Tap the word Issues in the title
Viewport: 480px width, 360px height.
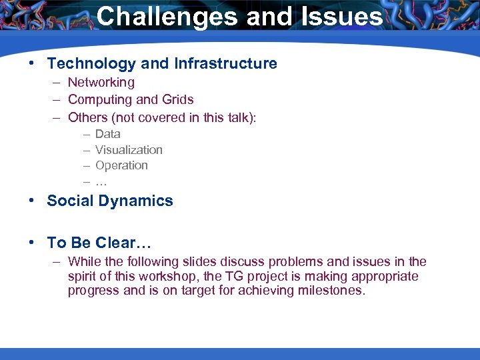340,17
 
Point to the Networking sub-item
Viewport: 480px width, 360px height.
101,83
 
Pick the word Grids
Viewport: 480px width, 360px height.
176,100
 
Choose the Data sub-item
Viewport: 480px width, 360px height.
108,134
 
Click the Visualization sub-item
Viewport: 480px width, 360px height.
129,150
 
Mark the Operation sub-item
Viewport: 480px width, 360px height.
121,165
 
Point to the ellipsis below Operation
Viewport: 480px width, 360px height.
101,182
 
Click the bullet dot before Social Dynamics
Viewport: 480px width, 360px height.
32,201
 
